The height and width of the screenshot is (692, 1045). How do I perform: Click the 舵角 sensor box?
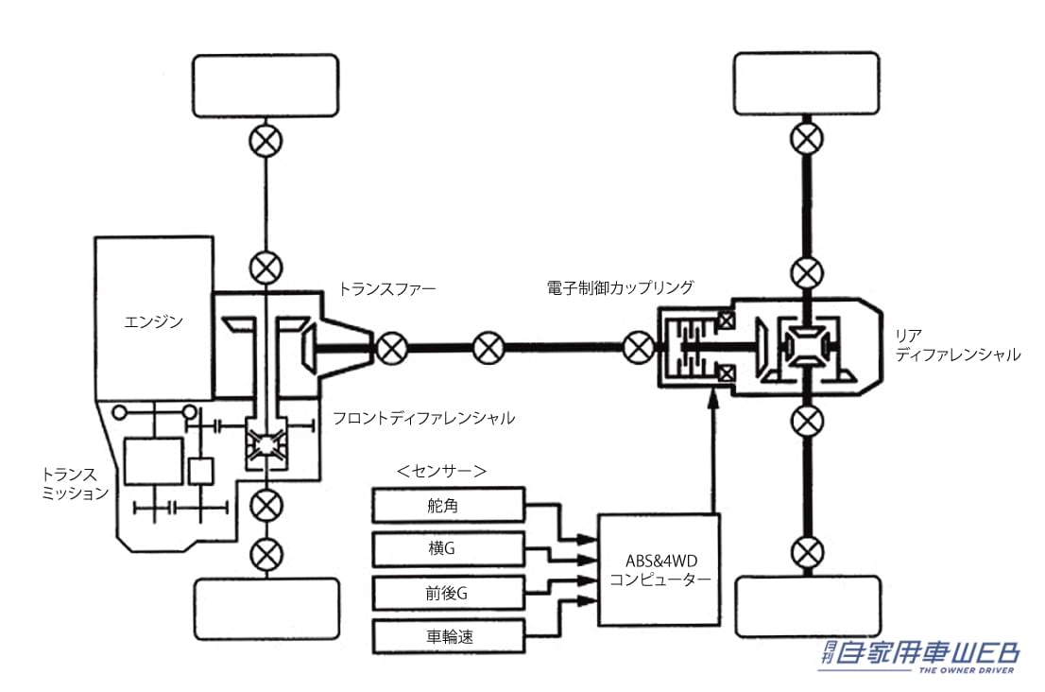tap(448, 506)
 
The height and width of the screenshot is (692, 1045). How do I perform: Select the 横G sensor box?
tap(448, 549)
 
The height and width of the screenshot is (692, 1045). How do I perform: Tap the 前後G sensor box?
tap(448, 593)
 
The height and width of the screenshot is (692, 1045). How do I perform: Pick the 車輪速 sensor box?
tap(448, 636)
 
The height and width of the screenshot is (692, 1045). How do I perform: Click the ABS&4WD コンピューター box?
tap(660, 569)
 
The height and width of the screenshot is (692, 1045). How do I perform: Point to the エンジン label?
tap(153, 322)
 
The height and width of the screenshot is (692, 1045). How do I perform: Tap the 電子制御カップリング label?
tap(620, 286)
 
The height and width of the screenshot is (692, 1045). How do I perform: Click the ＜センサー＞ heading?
tap(442, 470)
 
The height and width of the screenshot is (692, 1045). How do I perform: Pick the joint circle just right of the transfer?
tap(389, 348)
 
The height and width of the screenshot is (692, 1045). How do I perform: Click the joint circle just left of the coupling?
tap(639, 348)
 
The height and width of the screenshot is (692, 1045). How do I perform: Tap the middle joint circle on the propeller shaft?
tap(488, 348)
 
